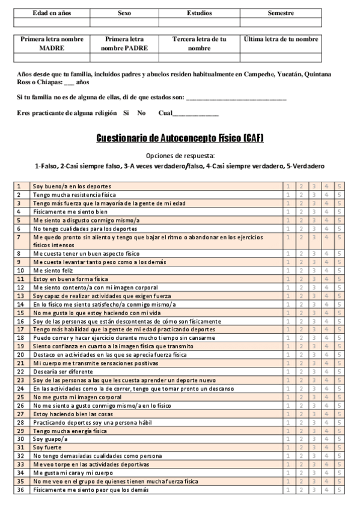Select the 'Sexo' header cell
pos(124,13)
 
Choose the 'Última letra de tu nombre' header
pos(281,39)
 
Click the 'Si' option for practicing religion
pos(126,113)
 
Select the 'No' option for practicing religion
pos(141,113)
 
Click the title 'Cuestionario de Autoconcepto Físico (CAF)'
pos(180,139)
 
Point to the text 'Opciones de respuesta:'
pos(180,155)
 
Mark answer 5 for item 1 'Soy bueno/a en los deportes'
pos(340,186)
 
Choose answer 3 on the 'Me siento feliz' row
pos(314,271)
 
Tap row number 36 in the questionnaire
pos(19,490)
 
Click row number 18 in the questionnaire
pos(19,338)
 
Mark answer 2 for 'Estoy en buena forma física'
pos(301,279)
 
